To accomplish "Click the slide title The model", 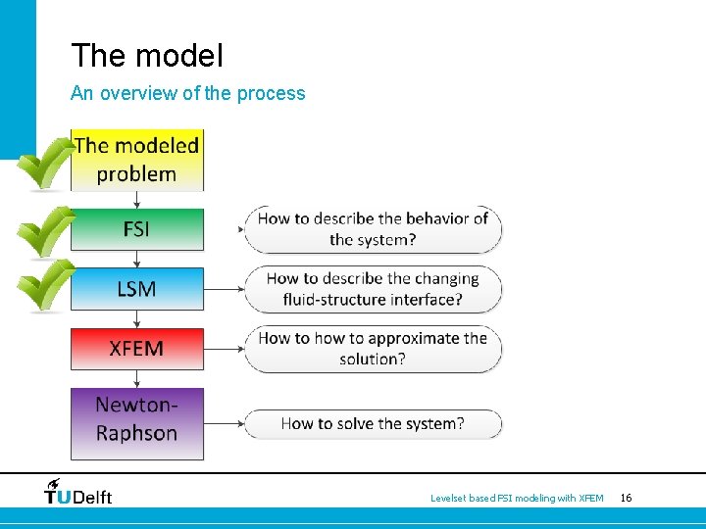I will point(147,56).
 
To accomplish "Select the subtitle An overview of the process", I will point(188,94).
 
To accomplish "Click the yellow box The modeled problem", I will point(137,160).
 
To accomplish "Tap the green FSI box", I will point(137,229).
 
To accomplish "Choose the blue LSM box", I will point(137,289).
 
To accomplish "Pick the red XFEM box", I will point(137,349).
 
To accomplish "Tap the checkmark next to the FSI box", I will point(45,231).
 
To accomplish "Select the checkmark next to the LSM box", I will point(45,284).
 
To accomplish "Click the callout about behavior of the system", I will point(373,229).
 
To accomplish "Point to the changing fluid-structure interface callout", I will point(373,289).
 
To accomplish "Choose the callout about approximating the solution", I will point(373,349).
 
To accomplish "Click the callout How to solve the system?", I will point(373,424).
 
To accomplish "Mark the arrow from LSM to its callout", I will point(224,289).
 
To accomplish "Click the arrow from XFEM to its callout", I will point(224,349).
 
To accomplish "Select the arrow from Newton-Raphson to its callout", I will point(224,424).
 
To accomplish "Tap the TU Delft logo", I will point(78,492).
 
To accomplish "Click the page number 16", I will point(626,499).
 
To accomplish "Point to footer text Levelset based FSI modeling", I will point(517,499).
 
